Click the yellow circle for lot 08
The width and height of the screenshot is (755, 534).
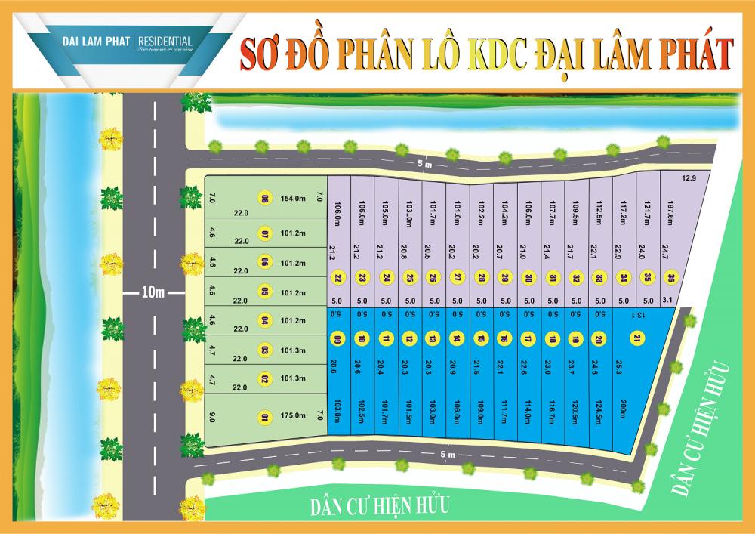click(x=265, y=199)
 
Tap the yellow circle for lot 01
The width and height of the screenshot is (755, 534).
click(x=264, y=415)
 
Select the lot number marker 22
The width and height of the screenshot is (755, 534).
click(x=338, y=279)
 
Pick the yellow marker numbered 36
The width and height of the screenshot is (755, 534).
click(x=669, y=279)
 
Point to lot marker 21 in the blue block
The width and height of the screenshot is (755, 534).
click(x=637, y=338)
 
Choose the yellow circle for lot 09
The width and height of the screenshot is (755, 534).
click(x=338, y=338)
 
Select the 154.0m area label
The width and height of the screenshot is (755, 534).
click(x=292, y=199)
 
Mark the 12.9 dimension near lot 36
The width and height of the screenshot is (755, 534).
click(x=687, y=177)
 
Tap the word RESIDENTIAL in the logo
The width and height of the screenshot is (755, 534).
click(x=165, y=40)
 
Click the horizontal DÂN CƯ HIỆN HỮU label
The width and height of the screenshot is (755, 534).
click(x=377, y=505)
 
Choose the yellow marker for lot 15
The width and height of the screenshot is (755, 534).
click(x=480, y=338)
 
